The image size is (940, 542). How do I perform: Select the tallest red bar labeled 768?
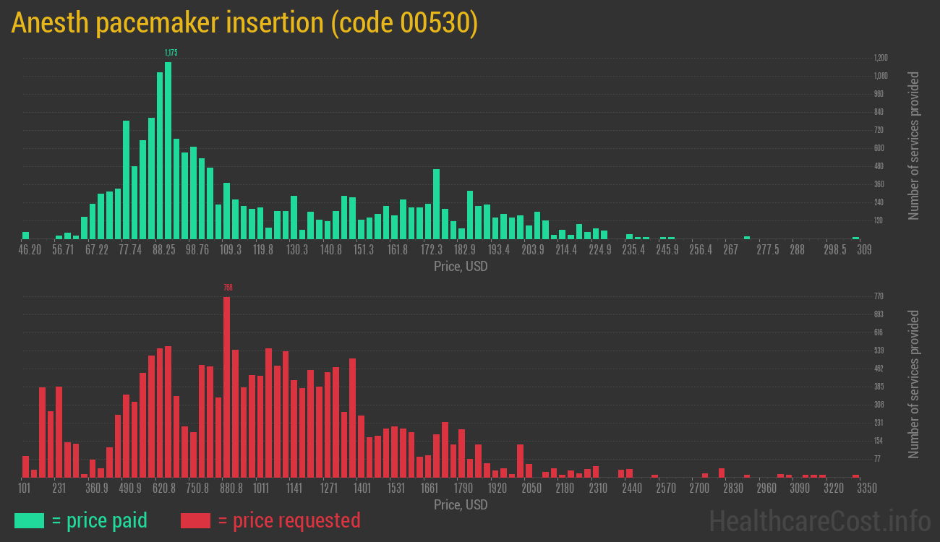pyautogui.click(x=227, y=387)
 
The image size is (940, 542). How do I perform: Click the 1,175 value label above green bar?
pyautogui.click(x=171, y=53)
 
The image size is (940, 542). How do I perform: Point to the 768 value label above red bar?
pyautogui.click(x=228, y=288)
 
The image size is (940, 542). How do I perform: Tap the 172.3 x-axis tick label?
pyautogui.click(x=432, y=250)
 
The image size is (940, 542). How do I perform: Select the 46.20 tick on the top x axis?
pyautogui.click(x=30, y=250)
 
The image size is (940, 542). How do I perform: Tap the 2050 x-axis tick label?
pyautogui.click(x=531, y=489)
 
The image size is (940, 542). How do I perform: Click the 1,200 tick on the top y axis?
pyautogui.click(x=881, y=58)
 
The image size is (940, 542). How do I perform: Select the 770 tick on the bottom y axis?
pyautogui.click(x=879, y=296)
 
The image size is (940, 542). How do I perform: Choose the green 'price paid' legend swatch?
pyautogui.click(x=29, y=520)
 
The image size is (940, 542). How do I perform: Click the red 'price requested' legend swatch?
pyautogui.click(x=195, y=520)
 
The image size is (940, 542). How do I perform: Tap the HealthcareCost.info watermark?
pyautogui.click(x=819, y=520)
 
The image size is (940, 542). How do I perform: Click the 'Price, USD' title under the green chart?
pyautogui.click(x=461, y=267)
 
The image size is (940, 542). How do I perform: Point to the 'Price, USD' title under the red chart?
pyautogui.click(x=461, y=504)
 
